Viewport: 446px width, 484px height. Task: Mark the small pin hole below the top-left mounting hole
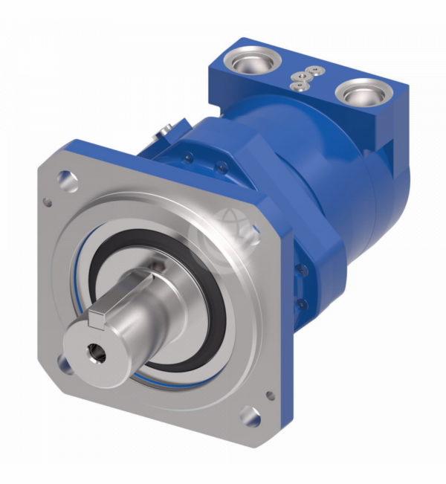(x=49, y=201)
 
